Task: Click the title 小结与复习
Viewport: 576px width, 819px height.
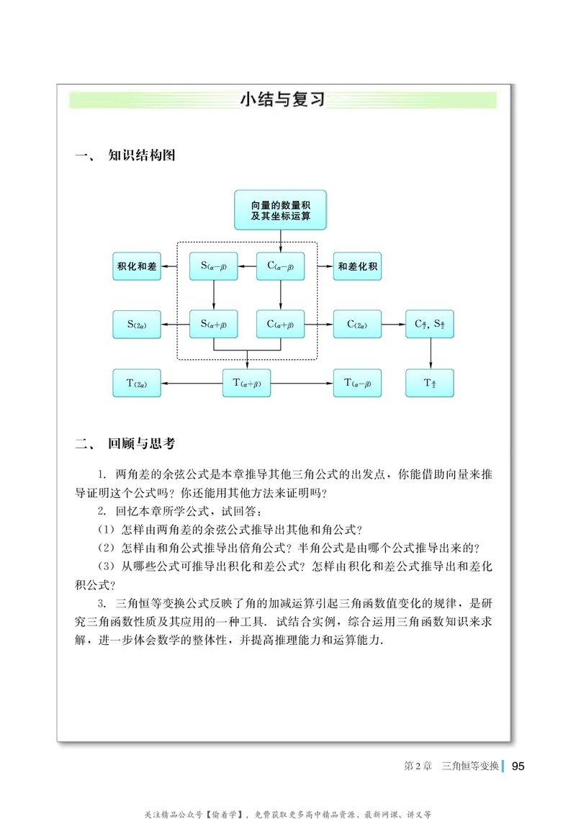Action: click(283, 99)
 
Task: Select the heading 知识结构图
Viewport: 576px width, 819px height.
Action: click(141, 155)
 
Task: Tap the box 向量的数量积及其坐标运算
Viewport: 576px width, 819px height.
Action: click(280, 210)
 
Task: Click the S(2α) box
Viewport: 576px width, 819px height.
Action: click(137, 325)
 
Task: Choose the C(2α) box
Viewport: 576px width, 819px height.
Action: click(357, 325)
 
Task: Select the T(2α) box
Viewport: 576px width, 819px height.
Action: click(137, 383)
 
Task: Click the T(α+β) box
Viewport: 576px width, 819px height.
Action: click(247, 383)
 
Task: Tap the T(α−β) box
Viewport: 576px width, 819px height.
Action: click(357, 383)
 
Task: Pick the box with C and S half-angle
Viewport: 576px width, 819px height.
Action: click(430, 325)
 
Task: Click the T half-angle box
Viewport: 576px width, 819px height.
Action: click(430, 383)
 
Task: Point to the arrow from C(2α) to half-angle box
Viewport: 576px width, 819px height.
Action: click(393, 325)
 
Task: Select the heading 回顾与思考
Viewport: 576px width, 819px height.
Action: click(141, 444)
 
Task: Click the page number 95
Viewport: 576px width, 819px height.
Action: click(518, 766)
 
